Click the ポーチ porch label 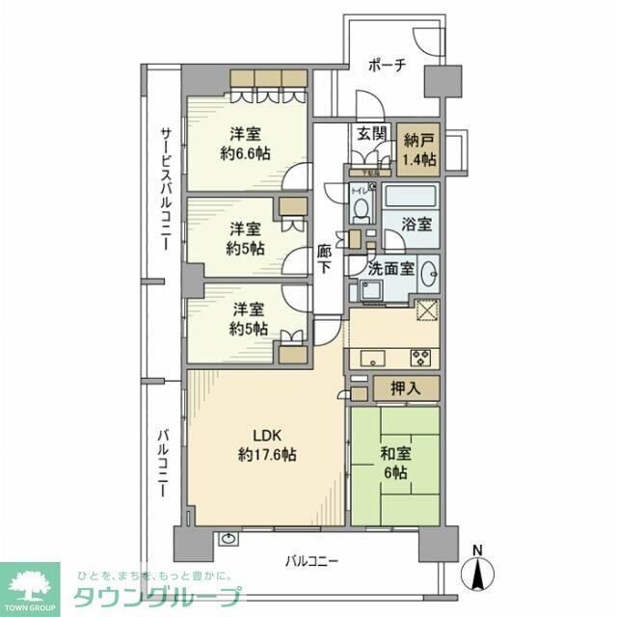[389, 66]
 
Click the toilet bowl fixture [361, 206]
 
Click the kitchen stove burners [421, 356]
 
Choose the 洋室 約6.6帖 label [245, 143]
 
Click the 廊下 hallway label [325, 259]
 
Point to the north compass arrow [476, 572]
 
